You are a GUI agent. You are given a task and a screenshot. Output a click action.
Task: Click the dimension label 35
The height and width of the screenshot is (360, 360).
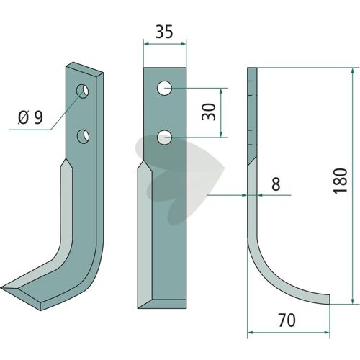pos(164,32)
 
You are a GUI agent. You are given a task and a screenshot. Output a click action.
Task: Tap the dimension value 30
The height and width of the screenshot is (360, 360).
pos(209,112)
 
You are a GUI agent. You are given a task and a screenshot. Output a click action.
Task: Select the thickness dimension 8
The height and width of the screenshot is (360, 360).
pos(276,184)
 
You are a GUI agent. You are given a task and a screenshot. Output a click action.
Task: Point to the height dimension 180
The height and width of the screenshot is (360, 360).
pos(341,181)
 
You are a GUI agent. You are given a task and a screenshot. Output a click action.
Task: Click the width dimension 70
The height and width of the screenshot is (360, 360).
pos(287,320)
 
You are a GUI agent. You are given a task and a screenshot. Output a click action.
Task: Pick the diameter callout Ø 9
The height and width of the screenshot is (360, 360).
pos(30,117)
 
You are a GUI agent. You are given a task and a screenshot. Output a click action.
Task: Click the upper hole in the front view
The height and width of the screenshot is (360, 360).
pos(164,88)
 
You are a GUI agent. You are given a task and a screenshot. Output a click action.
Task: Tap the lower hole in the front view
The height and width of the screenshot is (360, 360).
pos(164,138)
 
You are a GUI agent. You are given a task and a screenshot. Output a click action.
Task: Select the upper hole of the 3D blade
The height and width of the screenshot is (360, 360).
pos(83,91)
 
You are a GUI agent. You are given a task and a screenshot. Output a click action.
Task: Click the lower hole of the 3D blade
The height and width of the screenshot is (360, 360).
pos(83,137)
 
